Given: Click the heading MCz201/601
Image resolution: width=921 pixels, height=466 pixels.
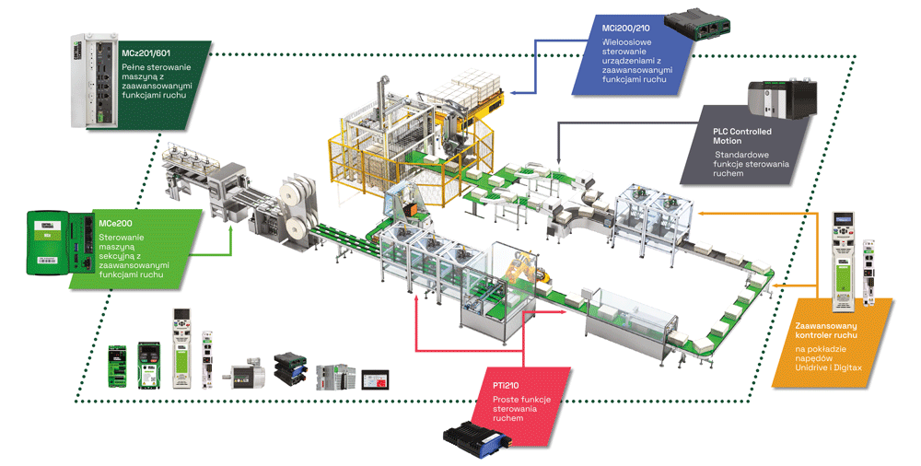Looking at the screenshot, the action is click(x=146, y=53).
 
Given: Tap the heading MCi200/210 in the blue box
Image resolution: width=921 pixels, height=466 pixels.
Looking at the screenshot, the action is click(x=626, y=29).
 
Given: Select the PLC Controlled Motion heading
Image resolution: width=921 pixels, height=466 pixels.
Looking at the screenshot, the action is click(x=742, y=136).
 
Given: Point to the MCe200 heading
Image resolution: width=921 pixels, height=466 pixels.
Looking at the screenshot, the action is click(x=116, y=223).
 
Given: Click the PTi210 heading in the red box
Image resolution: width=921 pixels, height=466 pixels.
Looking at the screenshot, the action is click(x=506, y=386).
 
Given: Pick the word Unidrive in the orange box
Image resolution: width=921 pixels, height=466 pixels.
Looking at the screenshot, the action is click(x=811, y=367).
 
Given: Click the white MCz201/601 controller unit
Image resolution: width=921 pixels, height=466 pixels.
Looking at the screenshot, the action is click(x=95, y=80).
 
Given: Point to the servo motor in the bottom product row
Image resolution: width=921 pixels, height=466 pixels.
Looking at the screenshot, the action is click(x=246, y=373).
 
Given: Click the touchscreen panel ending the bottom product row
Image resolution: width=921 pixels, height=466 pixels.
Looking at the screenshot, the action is click(x=376, y=379).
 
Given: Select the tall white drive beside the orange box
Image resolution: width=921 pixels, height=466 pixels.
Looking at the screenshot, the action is click(x=844, y=261).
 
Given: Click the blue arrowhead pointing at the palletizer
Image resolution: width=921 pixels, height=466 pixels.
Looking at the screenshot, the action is click(x=514, y=93).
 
